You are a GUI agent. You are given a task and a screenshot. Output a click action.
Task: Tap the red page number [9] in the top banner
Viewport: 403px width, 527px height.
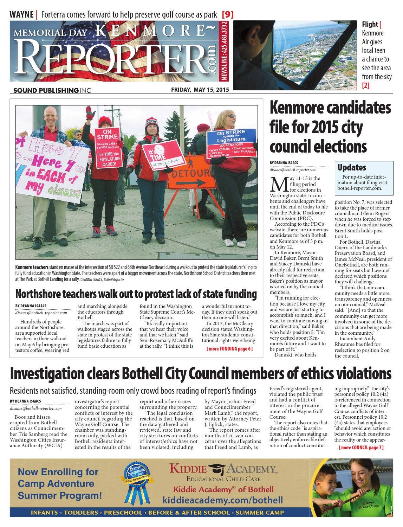[x=228, y=14]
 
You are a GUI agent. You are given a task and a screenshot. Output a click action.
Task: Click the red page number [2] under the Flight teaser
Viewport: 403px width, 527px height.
[x=366, y=85]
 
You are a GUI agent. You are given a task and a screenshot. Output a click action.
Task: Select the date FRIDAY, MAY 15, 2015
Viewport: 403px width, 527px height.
[x=200, y=90]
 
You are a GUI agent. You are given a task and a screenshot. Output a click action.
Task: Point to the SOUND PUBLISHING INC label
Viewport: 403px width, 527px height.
[x=52, y=90]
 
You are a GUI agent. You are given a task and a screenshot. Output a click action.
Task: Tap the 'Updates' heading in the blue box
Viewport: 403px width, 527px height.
[x=352, y=167]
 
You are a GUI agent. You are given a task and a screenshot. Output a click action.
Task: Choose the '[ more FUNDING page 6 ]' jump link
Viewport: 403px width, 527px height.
[x=229, y=349]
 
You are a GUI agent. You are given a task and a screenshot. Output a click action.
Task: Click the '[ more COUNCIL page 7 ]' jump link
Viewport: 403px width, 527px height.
[x=361, y=448]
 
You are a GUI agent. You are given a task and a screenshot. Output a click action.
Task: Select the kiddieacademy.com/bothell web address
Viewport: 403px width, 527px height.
[x=222, y=500]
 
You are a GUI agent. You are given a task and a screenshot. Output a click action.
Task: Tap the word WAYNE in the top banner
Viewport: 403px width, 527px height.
[x=21, y=14]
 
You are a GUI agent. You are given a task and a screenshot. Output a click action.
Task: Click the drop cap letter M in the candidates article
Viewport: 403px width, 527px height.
[x=278, y=183]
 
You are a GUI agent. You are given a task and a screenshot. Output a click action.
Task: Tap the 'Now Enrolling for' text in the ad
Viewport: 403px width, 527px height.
[x=58, y=472]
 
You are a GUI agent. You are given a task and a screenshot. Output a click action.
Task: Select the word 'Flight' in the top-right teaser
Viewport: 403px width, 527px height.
[x=370, y=24]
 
